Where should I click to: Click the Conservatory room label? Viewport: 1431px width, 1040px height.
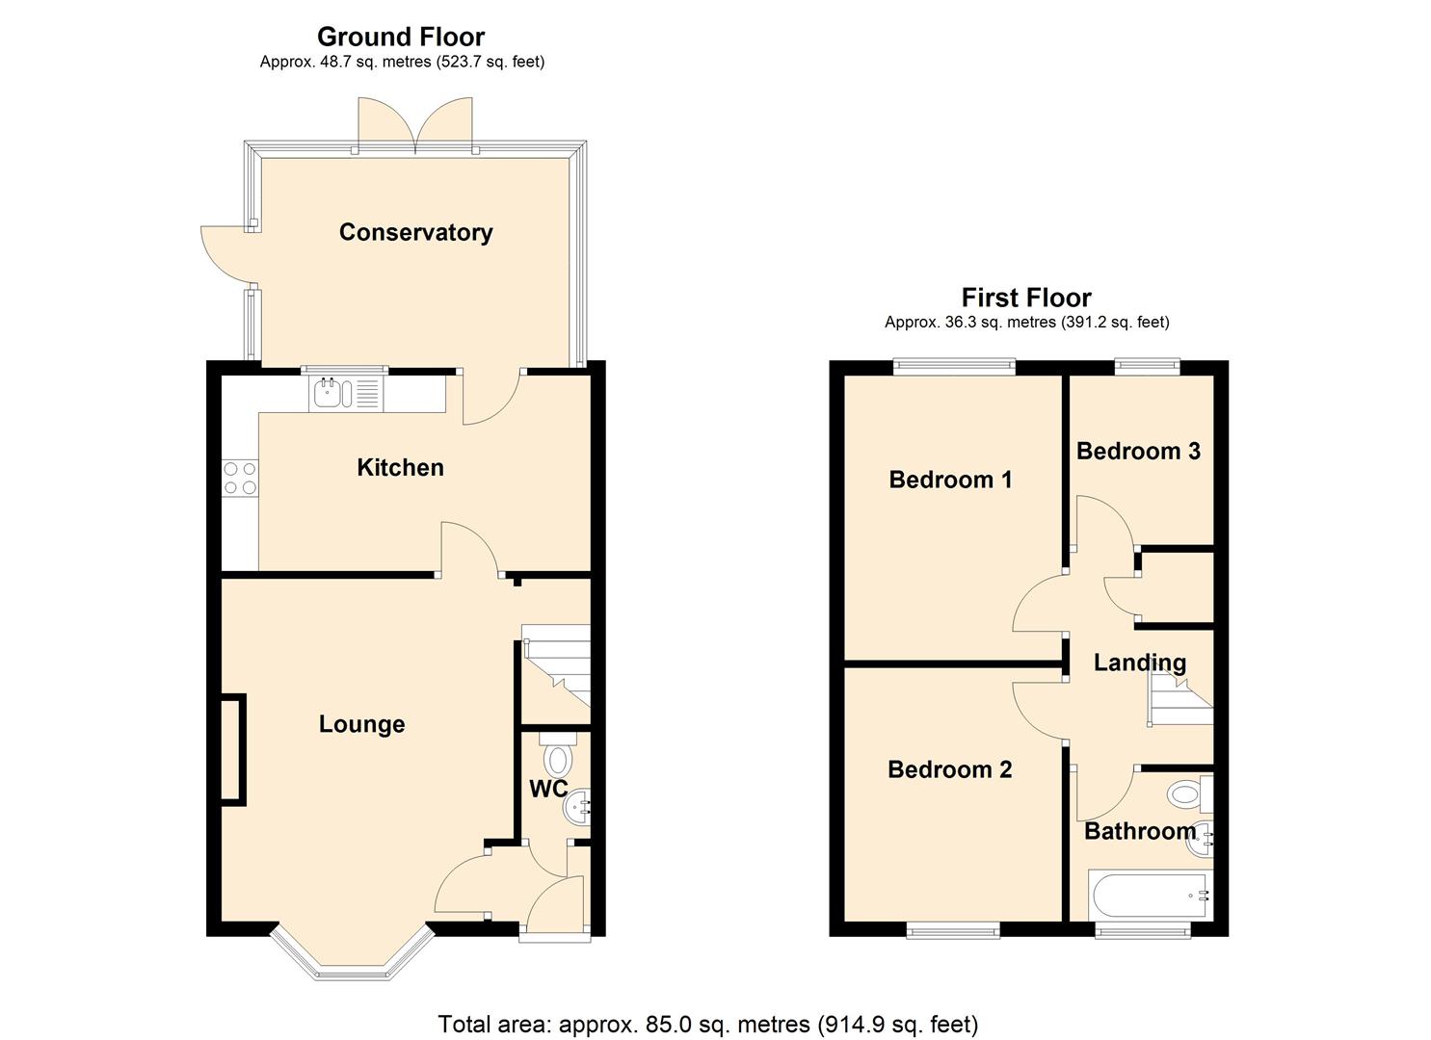pyautogui.click(x=415, y=232)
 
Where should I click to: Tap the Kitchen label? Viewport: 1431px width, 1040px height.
pyautogui.click(x=400, y=468)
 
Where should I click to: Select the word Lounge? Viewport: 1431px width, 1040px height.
pyautogui.click(x=361, y=724)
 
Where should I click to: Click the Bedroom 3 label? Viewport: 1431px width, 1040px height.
pyautogui.click(x=1138, y=451)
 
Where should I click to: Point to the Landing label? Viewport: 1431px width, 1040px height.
pyautogui.click(x=1139, y=663)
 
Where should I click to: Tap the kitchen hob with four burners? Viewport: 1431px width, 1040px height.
pyautogui.click(x=240, y=478)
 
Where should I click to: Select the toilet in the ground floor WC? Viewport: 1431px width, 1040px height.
pyautogui.click(x=557, y=756)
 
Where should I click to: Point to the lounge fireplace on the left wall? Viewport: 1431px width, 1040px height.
pyautogui.click(x=232, y=748)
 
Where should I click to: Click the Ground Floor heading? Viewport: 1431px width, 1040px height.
pyautogui.click(x=401, y=37)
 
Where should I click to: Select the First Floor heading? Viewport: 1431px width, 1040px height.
pyautogui.click(x=1026, y=298)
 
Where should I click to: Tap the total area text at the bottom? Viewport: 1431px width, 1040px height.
pyautogui.click(x=708, y=1024)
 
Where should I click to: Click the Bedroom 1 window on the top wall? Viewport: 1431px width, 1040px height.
pyautogui.click(x=954, y=365)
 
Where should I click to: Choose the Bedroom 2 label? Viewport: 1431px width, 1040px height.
pyautogui.click(x=949, y=769)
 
